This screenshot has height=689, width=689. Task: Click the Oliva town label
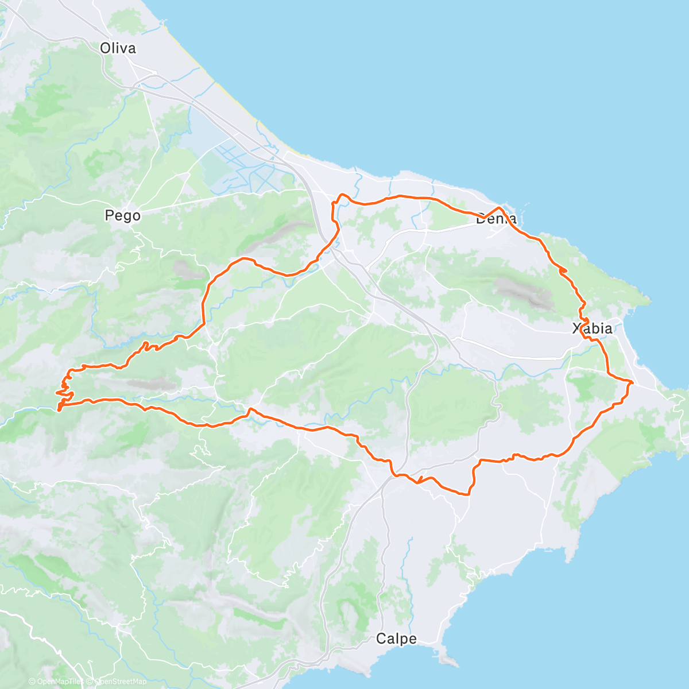118,48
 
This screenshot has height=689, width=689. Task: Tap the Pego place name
122,216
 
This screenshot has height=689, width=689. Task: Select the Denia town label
496,219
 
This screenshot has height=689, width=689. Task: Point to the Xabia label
592,329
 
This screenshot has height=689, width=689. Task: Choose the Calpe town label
396,638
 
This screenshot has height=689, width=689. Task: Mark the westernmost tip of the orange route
56,393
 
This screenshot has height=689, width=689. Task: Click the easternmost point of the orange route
633,382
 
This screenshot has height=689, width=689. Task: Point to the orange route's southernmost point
468,494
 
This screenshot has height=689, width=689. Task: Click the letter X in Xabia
577,329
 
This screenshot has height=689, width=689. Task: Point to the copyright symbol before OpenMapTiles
32,682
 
